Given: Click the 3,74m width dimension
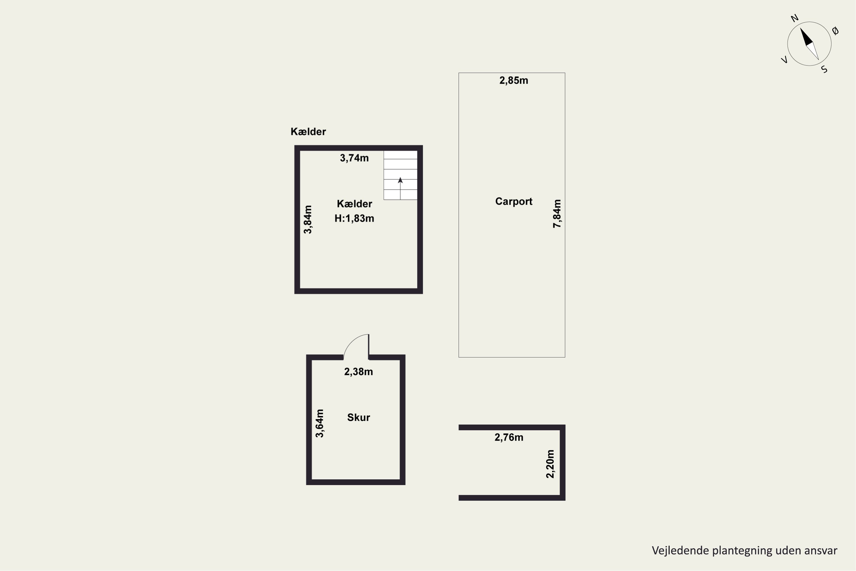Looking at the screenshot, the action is click(354, 158).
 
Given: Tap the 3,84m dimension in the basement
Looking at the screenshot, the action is click(308, 220).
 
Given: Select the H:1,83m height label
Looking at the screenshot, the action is click(354, 218).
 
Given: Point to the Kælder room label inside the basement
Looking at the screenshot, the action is click(354, 204).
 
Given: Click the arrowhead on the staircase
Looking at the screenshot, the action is click(400, 180).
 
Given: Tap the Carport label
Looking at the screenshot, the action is click(514, 201).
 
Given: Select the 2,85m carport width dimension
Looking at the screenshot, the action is click(514, 81).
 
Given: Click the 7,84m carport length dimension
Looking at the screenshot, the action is click(557, 214).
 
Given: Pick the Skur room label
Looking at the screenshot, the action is click(358, 417).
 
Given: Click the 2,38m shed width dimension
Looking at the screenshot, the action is click(358, 372).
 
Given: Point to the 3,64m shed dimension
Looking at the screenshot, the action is click(320, 423).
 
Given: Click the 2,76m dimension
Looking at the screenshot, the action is click(509, 437).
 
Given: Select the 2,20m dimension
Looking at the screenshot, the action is click(550, 464).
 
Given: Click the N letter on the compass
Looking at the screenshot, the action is click(794, 18).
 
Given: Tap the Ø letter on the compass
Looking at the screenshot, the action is click(836, 31).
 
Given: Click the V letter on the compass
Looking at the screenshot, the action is click(785, 60).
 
